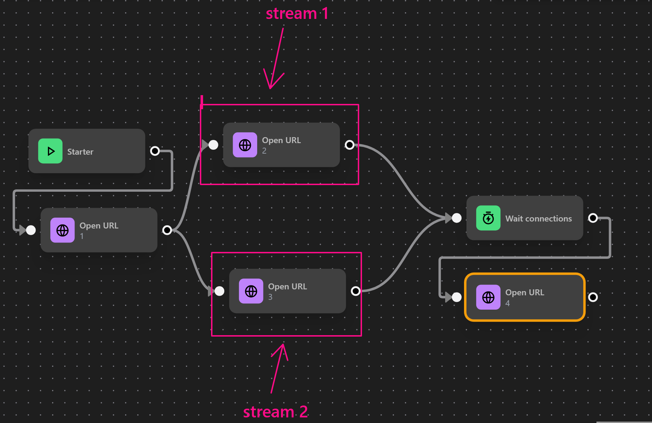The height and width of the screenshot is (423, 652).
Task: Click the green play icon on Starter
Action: coord(50,151)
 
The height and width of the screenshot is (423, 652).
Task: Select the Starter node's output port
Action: coord(155,151)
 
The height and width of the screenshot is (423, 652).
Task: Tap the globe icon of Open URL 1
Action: coord(63,230)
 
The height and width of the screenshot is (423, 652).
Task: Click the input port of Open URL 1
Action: coord(31,230)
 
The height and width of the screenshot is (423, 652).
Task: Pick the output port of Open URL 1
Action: coord(167,230)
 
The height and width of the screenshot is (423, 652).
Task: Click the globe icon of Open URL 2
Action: coord(245,145)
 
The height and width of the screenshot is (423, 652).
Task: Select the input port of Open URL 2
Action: coord(213,145)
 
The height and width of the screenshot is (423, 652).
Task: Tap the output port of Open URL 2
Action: coord(349,145)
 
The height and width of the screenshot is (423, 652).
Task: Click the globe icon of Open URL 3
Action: coord(251,291)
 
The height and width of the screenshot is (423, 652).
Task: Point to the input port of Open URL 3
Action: coord(219,291)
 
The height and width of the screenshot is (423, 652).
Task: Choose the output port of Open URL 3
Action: coord(355,291)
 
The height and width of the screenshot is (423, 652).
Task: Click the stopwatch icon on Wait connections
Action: coord(488,218)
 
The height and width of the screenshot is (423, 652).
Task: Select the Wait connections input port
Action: coord(456,218)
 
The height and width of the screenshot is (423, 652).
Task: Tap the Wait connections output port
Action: coord(593,218)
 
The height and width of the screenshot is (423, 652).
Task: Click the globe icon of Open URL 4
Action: coord(488,297)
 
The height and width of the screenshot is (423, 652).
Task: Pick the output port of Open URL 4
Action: coord(593,297)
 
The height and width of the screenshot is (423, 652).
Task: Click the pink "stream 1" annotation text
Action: coord(297,14)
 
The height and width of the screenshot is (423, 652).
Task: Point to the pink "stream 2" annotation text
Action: coord(275,412)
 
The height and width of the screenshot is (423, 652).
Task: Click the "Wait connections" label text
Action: coord(538,219)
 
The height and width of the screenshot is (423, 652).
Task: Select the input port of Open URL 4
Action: coord(456,297)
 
